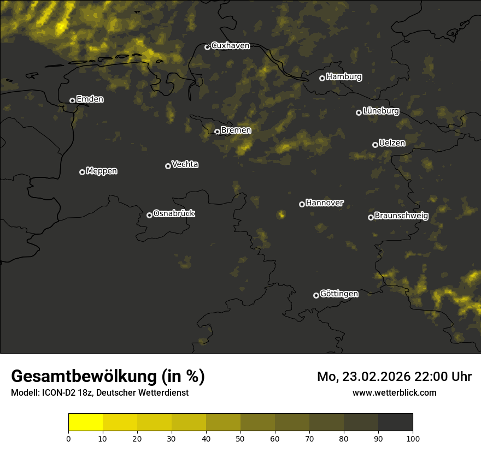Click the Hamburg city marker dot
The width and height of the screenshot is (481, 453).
322,78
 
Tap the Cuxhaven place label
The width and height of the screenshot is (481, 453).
230,46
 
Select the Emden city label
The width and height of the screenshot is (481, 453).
90,99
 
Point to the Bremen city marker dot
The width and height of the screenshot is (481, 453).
217,132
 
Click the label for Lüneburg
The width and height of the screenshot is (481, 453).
380,111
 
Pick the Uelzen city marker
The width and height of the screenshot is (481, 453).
375,145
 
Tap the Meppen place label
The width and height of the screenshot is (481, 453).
102,171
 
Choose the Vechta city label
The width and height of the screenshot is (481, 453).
185,164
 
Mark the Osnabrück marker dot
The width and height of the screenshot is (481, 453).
149,215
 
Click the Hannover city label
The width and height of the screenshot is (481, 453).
325,203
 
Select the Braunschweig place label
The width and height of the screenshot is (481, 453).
401,216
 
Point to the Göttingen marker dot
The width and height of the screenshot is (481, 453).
316,295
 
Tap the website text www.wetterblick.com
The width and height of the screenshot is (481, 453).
394,392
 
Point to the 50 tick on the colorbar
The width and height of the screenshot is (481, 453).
241,438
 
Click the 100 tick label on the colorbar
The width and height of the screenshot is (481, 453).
413,438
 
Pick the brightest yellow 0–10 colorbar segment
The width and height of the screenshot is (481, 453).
85,422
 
